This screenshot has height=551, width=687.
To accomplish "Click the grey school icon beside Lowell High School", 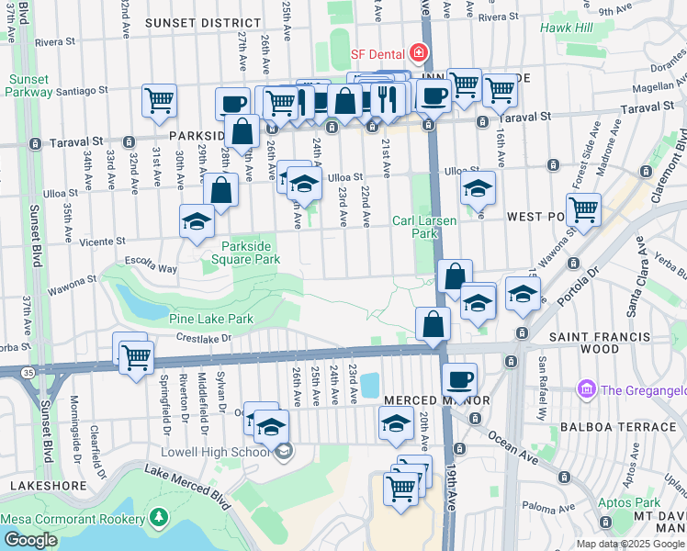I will (286, 450).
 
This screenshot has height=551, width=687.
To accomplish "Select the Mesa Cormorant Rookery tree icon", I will (158, 518).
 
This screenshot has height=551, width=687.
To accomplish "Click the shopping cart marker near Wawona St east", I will (583, 209).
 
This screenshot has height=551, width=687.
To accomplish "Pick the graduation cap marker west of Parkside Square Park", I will (197, 221).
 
